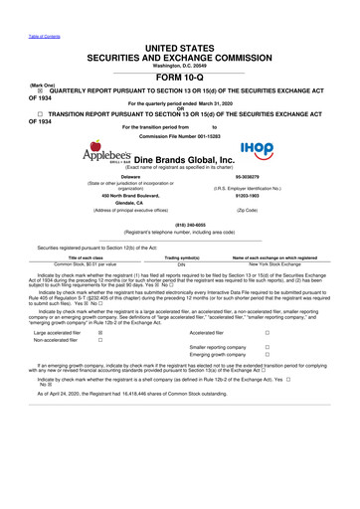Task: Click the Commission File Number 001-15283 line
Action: pyautogui.click(x=180, y=134)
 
